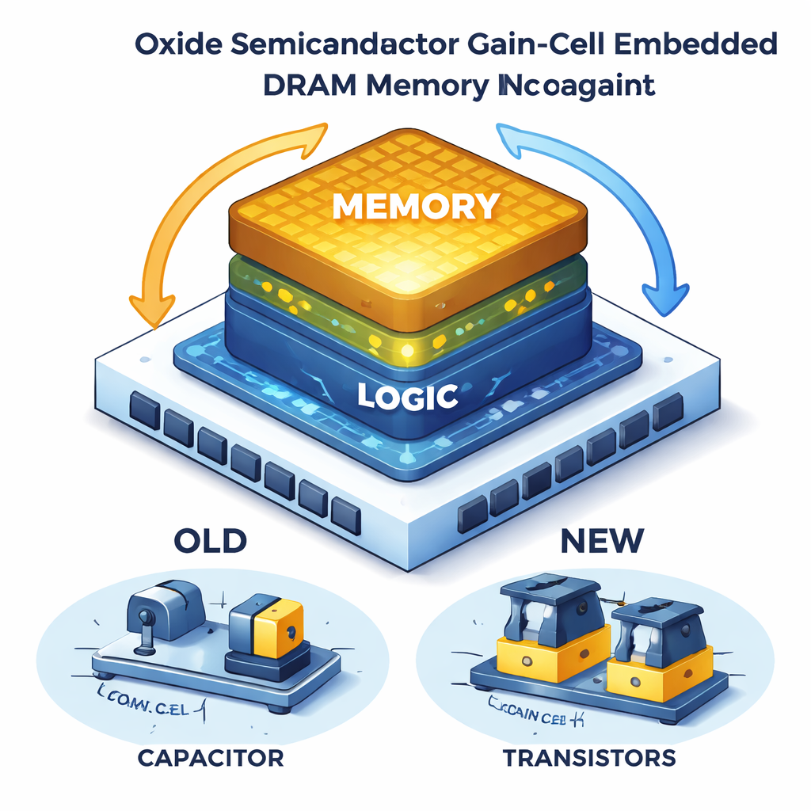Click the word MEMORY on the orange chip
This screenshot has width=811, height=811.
(x=415, y=207)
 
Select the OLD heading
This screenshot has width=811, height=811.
(x=210, y=541)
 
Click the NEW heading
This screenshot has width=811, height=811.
(x=602, y=541)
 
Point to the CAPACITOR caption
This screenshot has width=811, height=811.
(x=210, y=758)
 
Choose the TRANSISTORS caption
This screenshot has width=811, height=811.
(x=589, y=758)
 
